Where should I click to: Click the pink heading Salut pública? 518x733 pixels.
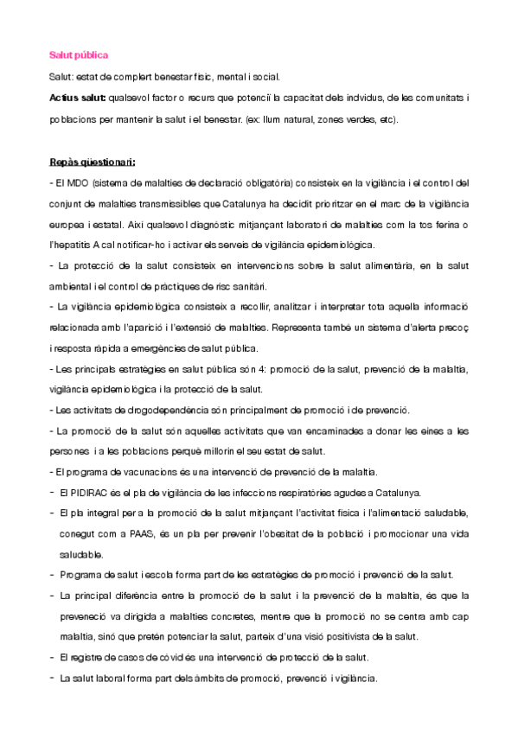pyautogui.click(x=79, y=55)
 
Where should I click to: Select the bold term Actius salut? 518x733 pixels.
pyautogui.click(x=78, y=99)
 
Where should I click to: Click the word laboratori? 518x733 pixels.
pyautogui.click(x=267, y=225)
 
